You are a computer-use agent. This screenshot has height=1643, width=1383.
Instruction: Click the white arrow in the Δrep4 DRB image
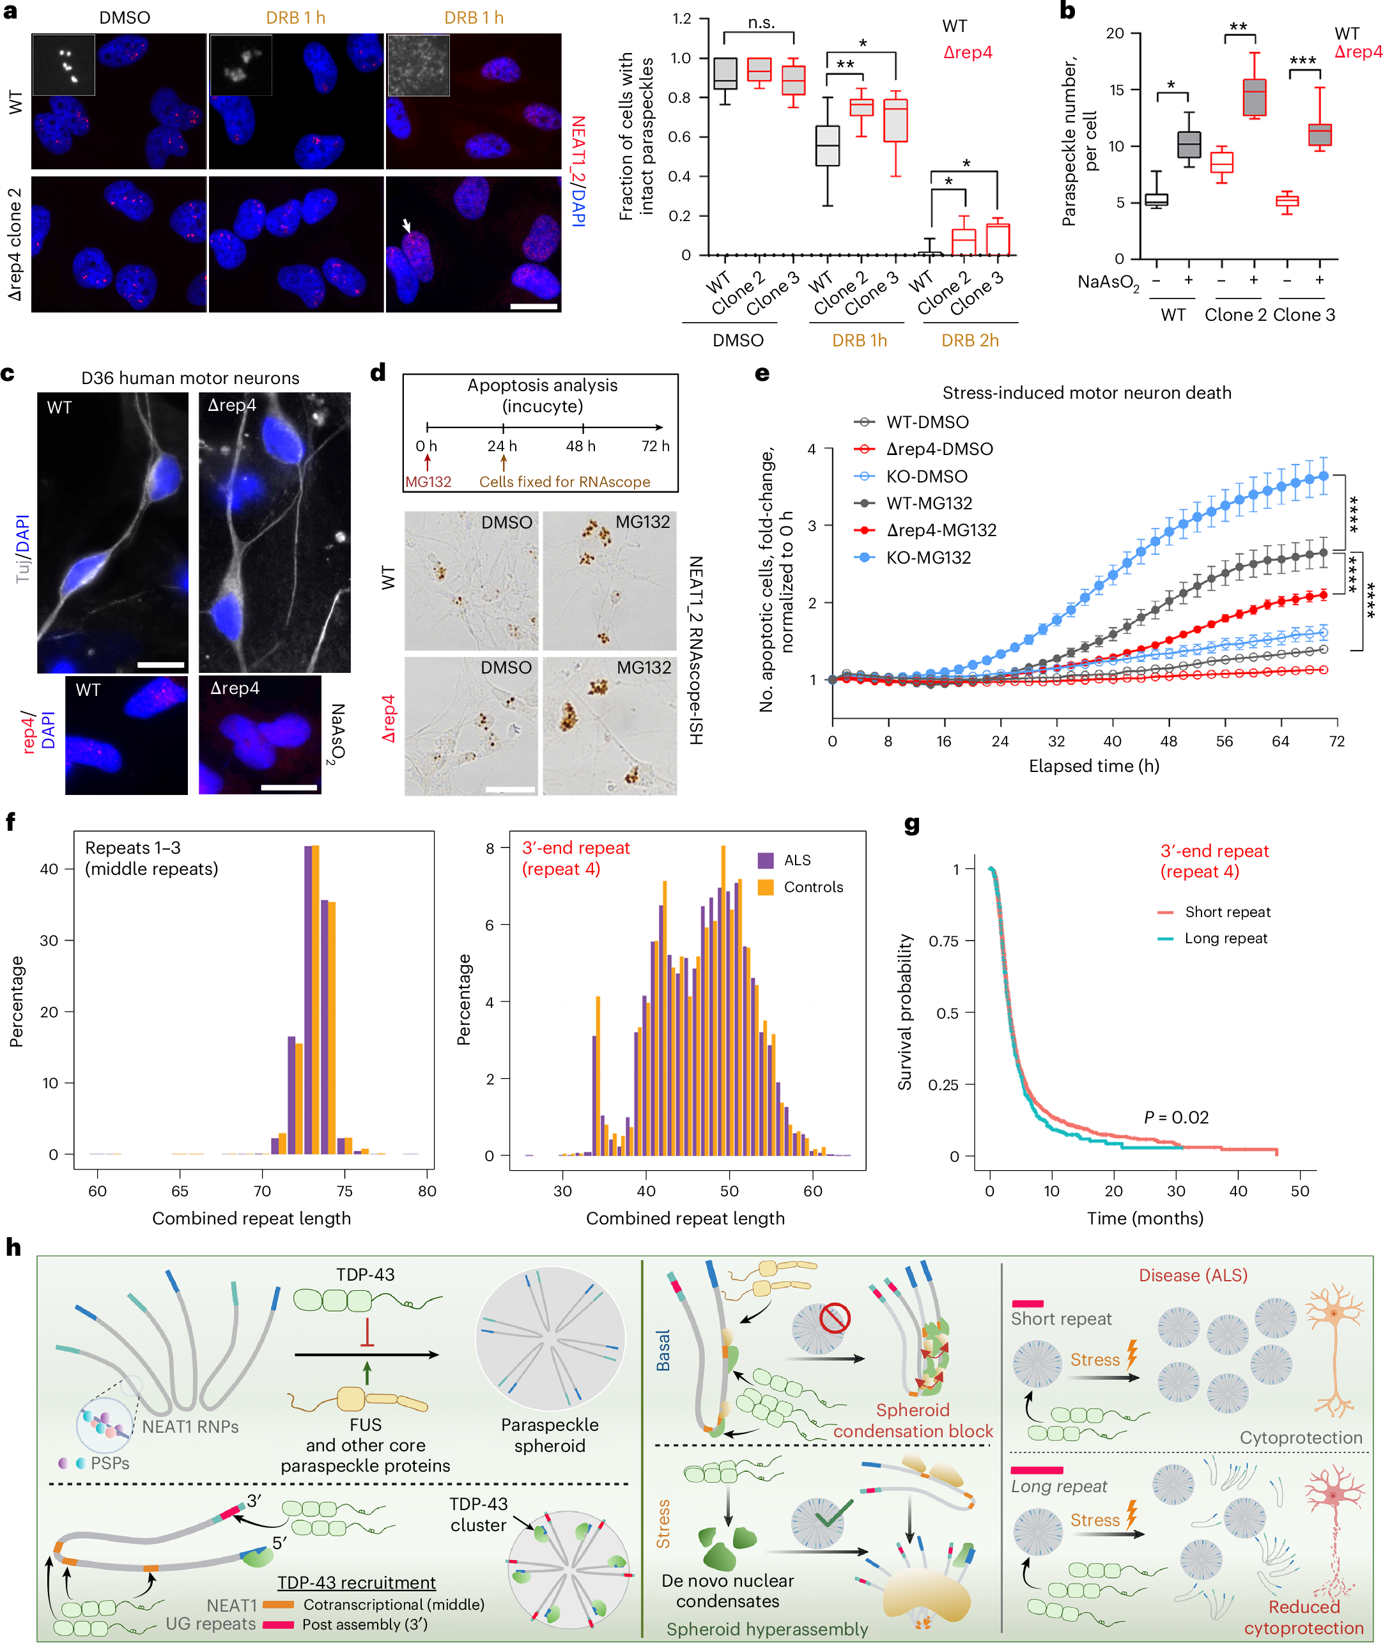click(406, 226)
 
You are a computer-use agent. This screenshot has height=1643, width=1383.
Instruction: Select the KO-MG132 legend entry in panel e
click(928, 557)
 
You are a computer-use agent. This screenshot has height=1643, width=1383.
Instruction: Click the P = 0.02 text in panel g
click(1176, 1117)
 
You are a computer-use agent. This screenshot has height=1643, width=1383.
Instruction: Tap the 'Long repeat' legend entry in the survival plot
click(1225, 938)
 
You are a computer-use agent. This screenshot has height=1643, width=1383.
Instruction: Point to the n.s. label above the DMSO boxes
click(761, 23)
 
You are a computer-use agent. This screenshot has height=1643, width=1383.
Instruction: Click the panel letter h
click(13, 1247)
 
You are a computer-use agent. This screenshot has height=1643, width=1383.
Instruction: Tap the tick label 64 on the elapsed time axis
click(1279, 741)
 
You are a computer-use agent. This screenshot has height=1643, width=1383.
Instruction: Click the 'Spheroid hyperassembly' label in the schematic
click(767, 1629)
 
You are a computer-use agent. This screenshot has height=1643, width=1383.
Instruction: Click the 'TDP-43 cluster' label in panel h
click(478, 1515)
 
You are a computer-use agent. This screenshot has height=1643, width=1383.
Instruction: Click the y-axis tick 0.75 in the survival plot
click(943, 941)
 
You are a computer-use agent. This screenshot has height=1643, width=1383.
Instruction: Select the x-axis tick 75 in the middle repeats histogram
click(344, 1191)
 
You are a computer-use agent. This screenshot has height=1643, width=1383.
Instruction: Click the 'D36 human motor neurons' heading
click(190, 378)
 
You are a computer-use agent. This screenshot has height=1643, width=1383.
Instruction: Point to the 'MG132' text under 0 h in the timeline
click(428, 482)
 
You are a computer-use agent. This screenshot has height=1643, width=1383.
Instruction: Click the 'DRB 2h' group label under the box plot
click(970, 340)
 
